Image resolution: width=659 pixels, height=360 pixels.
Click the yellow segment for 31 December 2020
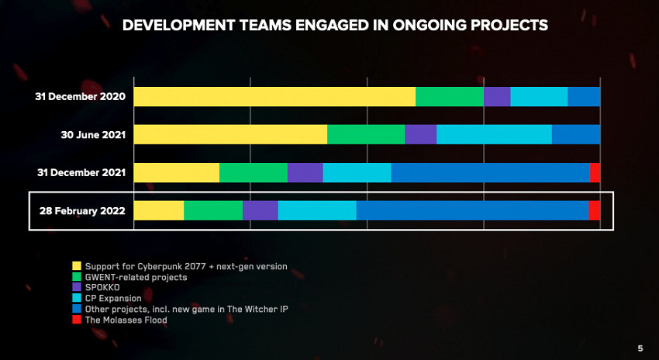(x=274, y=96)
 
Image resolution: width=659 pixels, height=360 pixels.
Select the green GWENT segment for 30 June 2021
(x=365, y=134)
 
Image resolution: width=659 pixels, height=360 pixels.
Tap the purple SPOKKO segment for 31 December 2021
(x=305, y=172)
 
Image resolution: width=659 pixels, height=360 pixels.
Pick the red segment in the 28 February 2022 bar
(x=594, y=210)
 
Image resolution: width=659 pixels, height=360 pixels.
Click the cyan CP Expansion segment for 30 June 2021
(x=494, y=134)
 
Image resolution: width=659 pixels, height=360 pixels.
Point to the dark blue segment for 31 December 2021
(x=490, y=172)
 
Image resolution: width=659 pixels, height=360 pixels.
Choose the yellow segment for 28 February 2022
(x=159, y=210)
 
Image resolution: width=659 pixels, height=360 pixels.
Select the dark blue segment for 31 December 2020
(x=584, y=96)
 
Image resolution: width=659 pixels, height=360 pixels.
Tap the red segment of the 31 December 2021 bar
(x=595, y=172)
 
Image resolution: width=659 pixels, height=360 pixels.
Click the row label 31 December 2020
(x=80, y=97)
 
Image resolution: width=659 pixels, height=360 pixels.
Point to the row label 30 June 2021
(x=93, y=135)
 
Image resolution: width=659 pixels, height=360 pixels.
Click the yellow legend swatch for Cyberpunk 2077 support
(x=77, y=266)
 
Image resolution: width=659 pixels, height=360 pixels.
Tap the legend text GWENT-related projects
(x=136, y=277)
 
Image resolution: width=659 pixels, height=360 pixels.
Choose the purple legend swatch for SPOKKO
(x=77, y=287)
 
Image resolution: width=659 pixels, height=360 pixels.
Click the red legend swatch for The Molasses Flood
(x=77, y=319)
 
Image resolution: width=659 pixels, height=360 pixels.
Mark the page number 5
(x=640, y=348)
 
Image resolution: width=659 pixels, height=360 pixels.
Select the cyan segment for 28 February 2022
(x=316, y=210)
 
